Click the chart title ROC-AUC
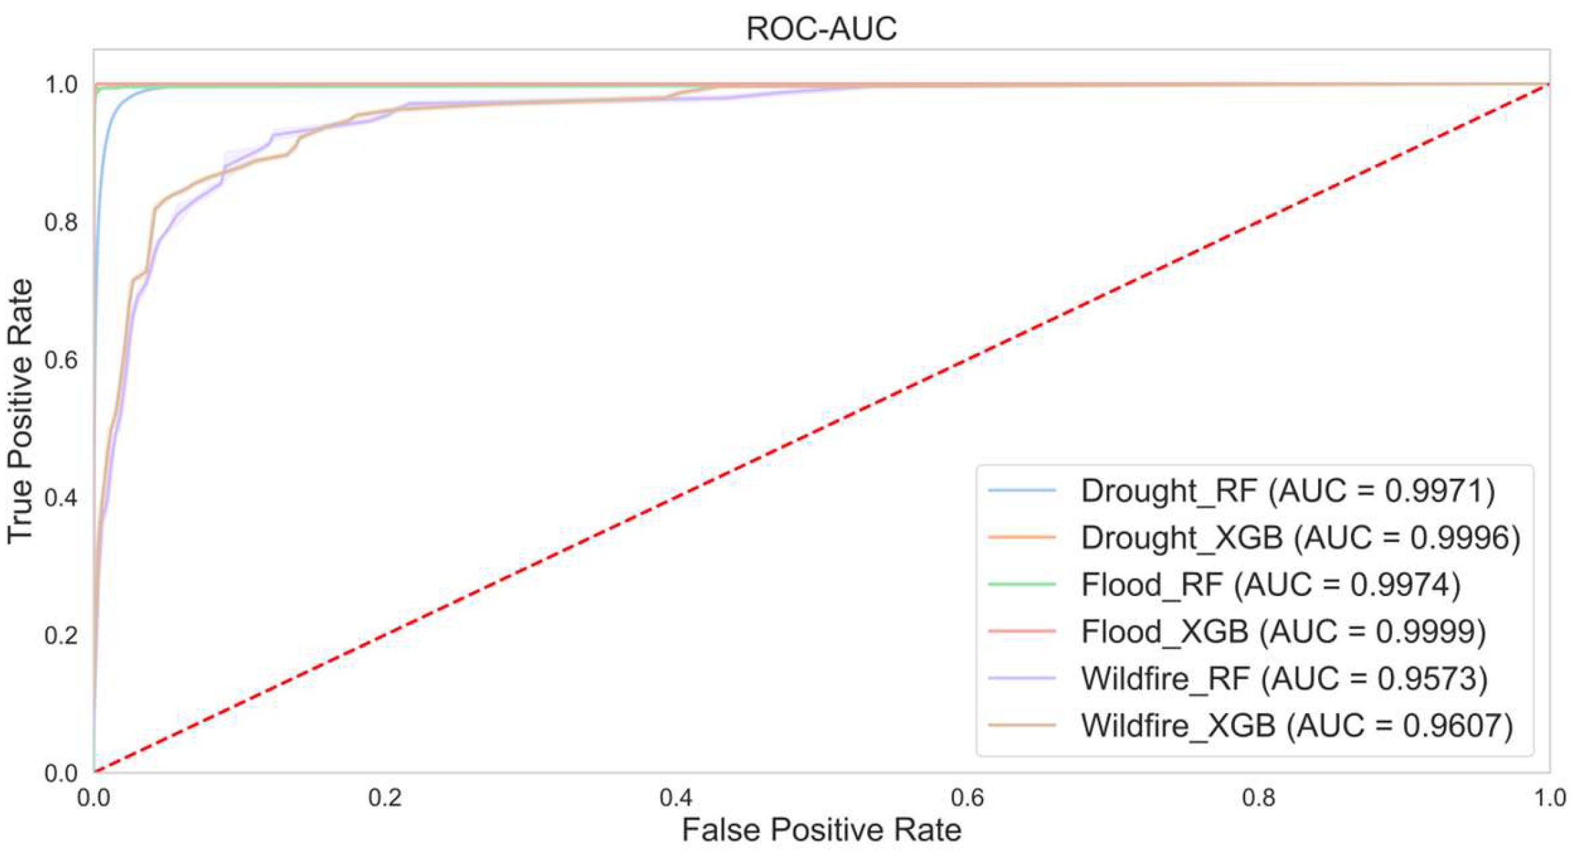pyautogui.click(x=821, y=29)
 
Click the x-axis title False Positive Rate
pyautogui.click(x=821, y=830)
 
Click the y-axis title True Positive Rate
pyautogui.click(x=20, y=411)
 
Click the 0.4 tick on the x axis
pyautogui.click(x=676, y=798)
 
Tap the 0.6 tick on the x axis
pyautogui.click(x=968, y=798)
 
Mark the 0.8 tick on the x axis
pyautogui.click(x=1258, y=798)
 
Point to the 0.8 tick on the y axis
pyautogui.click(x=61, y=222)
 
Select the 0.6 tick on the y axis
pyautogui.click(x=61, y=360)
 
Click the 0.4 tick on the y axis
pyautogui.click(x=61, y=498)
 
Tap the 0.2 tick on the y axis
pyautogui.click(x=61, y=636)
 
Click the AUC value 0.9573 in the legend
pyautogui.click(x=1427, y=678)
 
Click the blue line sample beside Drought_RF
pyautogui.click(x=1022, y=491)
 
